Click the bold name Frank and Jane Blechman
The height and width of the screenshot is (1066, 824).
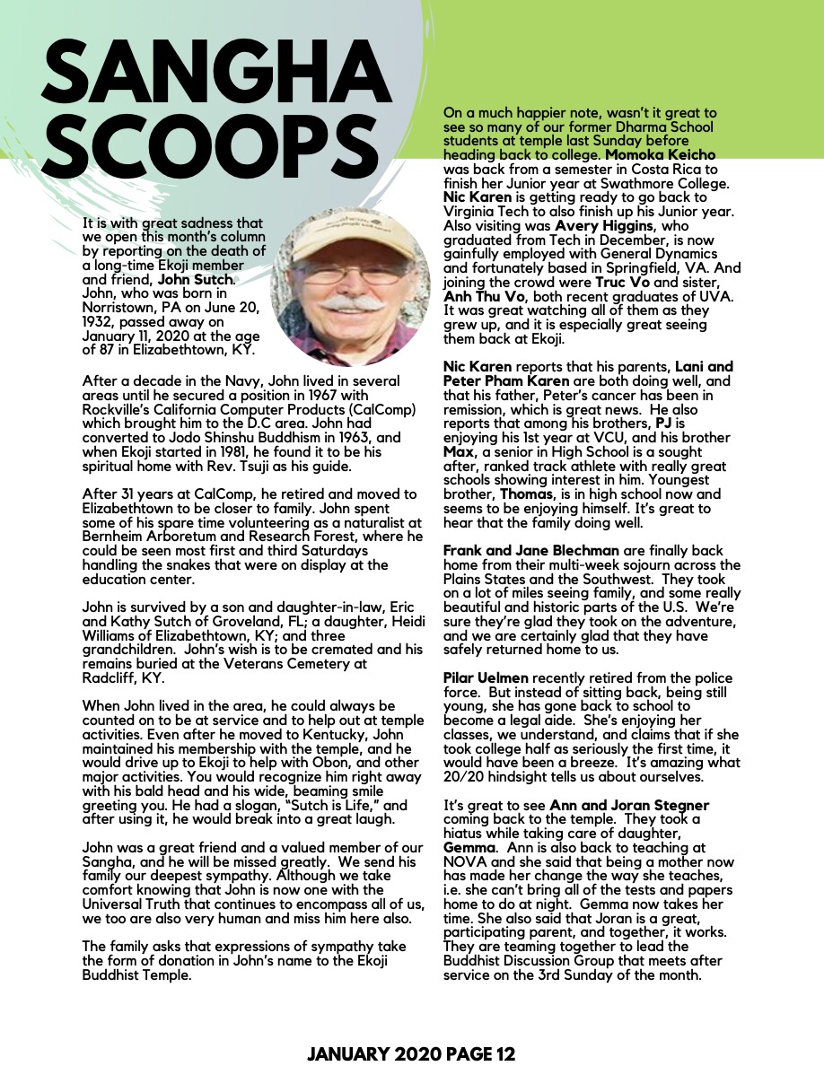pyautogui.click(x=530, y=550)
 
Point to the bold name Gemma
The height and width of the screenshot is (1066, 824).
pyautogui.click(x=469, y=847)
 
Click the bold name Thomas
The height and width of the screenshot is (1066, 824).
pyautogui.click(x=521, y=494)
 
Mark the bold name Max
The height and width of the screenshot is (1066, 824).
pyautogui.click(x=458, y=452)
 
